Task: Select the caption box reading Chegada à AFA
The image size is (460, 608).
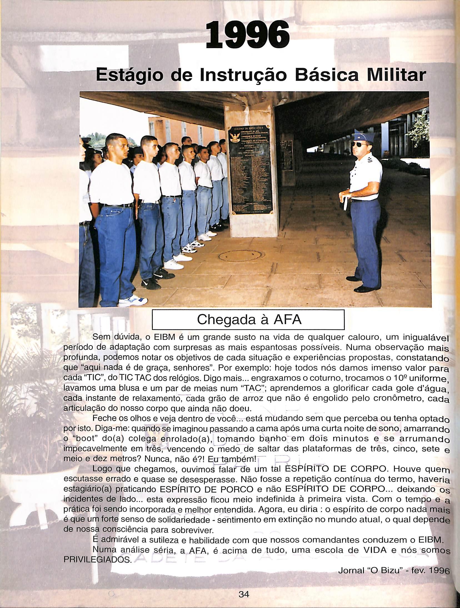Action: tap(249, 320)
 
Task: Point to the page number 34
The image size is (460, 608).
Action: tap(244, 592)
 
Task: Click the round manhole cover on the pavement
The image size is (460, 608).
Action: tap(240, 256)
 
